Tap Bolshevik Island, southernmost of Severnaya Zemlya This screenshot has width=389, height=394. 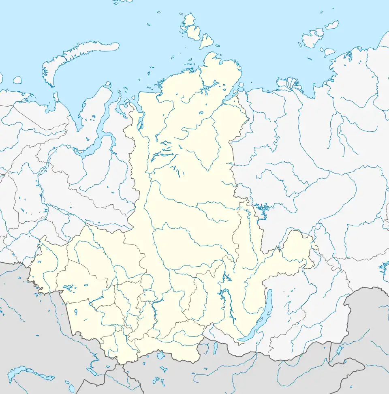(x=207, y=41)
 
